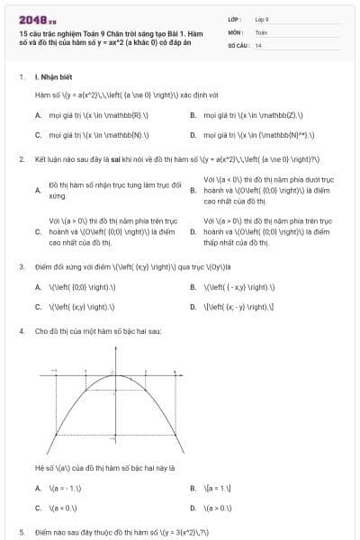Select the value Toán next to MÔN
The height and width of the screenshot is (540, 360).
coord(261,31)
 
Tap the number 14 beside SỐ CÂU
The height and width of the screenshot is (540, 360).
coord(258,45)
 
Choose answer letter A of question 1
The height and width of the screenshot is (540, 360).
coord(38,115)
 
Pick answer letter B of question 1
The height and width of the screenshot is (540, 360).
coord(193,115)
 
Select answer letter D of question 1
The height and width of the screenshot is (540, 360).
coord(193,135)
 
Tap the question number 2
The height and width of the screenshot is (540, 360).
coord(21,158)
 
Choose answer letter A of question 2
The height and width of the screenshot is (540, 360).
coord(38,190)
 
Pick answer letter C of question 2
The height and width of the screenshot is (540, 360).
coord(38,231)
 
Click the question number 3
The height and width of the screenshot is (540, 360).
coord(21,266)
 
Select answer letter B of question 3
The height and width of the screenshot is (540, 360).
coord(193,287)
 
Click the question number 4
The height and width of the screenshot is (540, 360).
coord(21,331)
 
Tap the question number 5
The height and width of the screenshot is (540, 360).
coord(21,532)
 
